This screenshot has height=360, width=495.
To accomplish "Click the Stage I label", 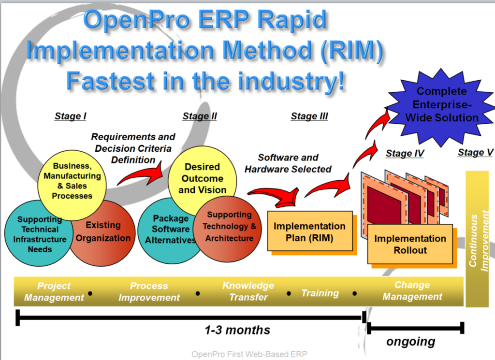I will point(71,116).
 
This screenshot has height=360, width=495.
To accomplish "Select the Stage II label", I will point(200,116).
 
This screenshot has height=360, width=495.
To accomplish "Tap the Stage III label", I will point(309,116).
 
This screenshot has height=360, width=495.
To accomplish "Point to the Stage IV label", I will point(405,154).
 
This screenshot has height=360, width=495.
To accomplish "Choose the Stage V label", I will point(475,153).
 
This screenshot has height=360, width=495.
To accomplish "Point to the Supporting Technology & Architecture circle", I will point(229,227).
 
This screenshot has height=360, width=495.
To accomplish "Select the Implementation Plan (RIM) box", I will point(309,231).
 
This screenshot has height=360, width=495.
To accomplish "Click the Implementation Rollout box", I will point(410,245).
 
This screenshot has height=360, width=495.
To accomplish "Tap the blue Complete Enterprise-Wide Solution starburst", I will point(441,104).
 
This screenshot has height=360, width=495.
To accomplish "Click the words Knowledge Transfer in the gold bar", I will point(248,291).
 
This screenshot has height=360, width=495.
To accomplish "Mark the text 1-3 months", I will point(237,331).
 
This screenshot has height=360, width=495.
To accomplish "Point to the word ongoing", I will point(411,342).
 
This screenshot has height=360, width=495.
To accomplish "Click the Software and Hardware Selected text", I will point(288,163).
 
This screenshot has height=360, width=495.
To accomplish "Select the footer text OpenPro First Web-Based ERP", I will point(249,354).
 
